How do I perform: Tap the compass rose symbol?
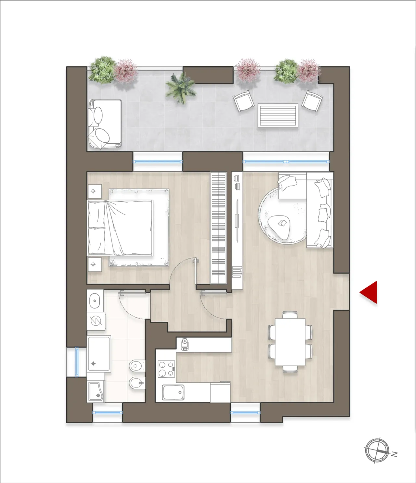377,450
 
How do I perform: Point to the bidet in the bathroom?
137,384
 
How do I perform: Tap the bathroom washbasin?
95,301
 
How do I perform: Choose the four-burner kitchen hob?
166,369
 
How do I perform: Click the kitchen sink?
173,393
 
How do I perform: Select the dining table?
290,342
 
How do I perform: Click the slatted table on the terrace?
278,115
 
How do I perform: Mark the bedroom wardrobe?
218,228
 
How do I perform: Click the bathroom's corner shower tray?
96,392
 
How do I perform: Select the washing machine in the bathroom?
96,321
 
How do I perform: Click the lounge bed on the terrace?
104,124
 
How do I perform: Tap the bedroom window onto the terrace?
158,162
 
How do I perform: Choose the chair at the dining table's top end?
290,314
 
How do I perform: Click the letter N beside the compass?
394,454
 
